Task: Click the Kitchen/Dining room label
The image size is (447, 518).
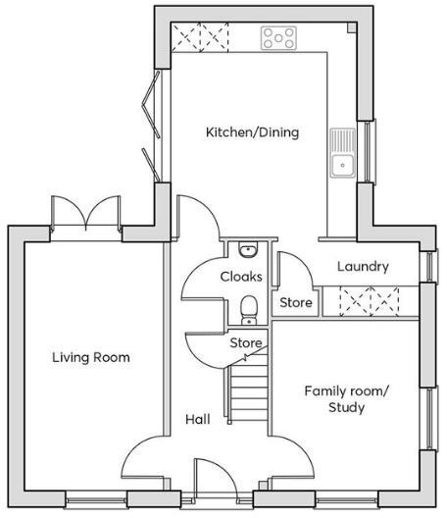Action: pos(251,132)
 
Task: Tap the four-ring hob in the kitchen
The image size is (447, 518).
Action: pos(279,38)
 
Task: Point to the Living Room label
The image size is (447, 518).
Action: pos(90,357)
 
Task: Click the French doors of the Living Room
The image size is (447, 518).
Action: pos(85,216)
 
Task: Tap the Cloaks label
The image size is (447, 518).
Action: pos(240,276)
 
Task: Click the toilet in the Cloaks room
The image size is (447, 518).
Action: pos(249,311)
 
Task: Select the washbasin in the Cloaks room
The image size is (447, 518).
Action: pos(247,249)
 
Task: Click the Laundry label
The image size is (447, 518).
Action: pos(362,266)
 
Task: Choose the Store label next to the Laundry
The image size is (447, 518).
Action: pos(295,303)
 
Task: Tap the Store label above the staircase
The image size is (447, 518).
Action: pos(246,343)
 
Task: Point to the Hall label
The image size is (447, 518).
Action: pos(197,420)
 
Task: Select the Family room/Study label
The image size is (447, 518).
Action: pos(346,398)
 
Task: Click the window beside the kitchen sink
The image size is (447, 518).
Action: pos(369,152)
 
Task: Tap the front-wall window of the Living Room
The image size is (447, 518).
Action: pos(95,500)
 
